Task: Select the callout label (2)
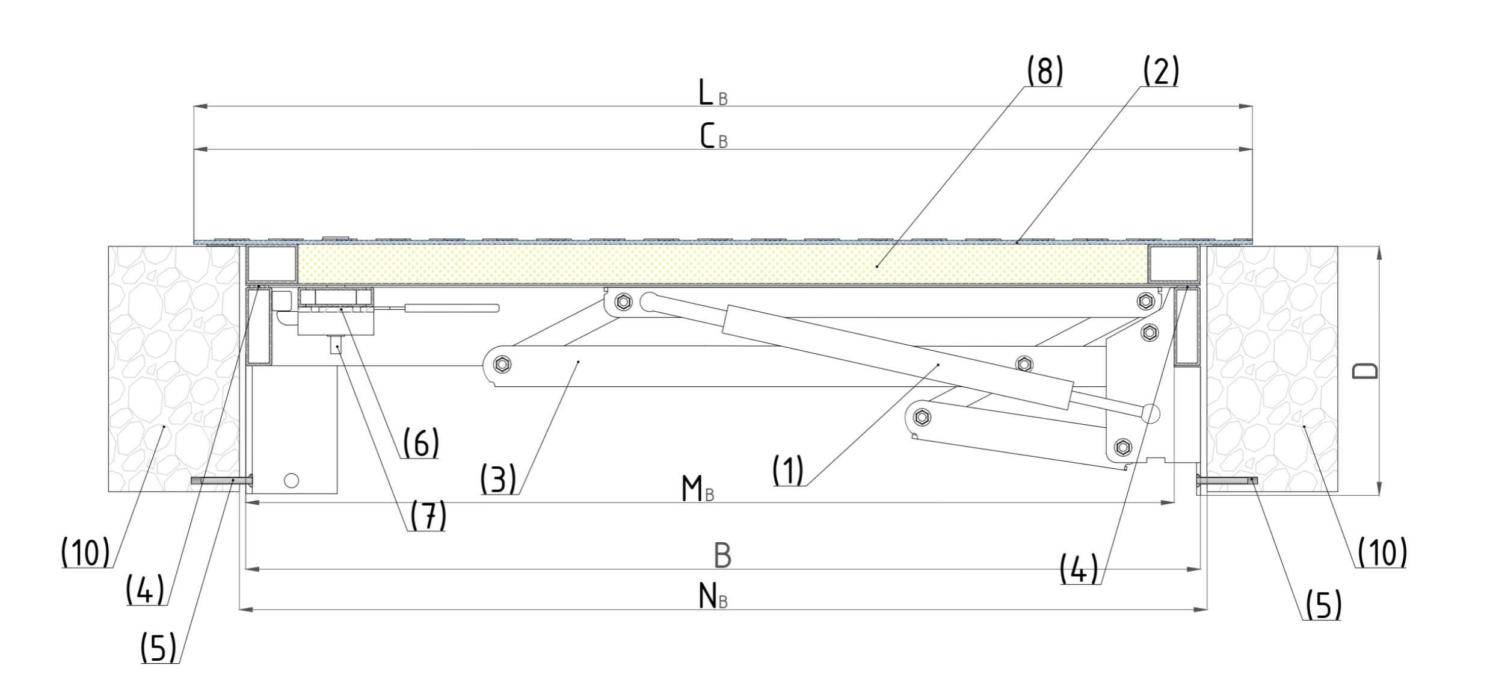click(1160, 72)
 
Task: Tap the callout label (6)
click(420, 443)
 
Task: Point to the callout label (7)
click(428, 516)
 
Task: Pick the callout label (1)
click(788, 470)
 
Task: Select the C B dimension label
click(713, 137)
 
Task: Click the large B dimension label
click(722, 555)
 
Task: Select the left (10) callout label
click(85, 552)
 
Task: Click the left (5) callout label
click(158, 648)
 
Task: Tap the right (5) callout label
click(1323, 605)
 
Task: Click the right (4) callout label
click(1079, 569)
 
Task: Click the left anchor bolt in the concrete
click(221, 481)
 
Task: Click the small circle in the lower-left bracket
click(291, 480)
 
